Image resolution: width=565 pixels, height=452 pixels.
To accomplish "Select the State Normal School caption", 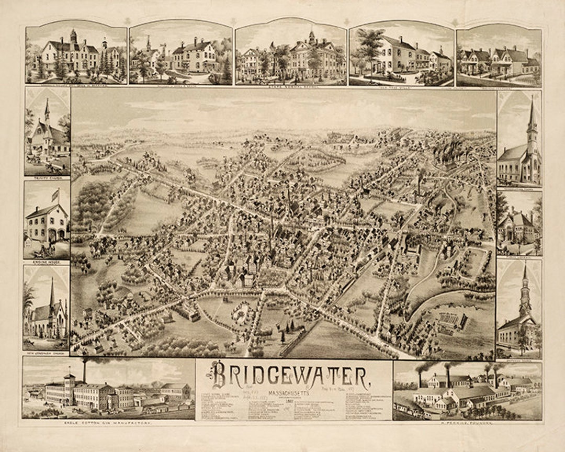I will (x=291, y=87).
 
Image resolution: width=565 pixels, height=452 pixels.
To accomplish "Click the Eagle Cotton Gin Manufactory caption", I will (x=108, y=422).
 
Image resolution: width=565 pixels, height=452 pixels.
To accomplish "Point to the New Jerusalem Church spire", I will (x=52, y=293).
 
